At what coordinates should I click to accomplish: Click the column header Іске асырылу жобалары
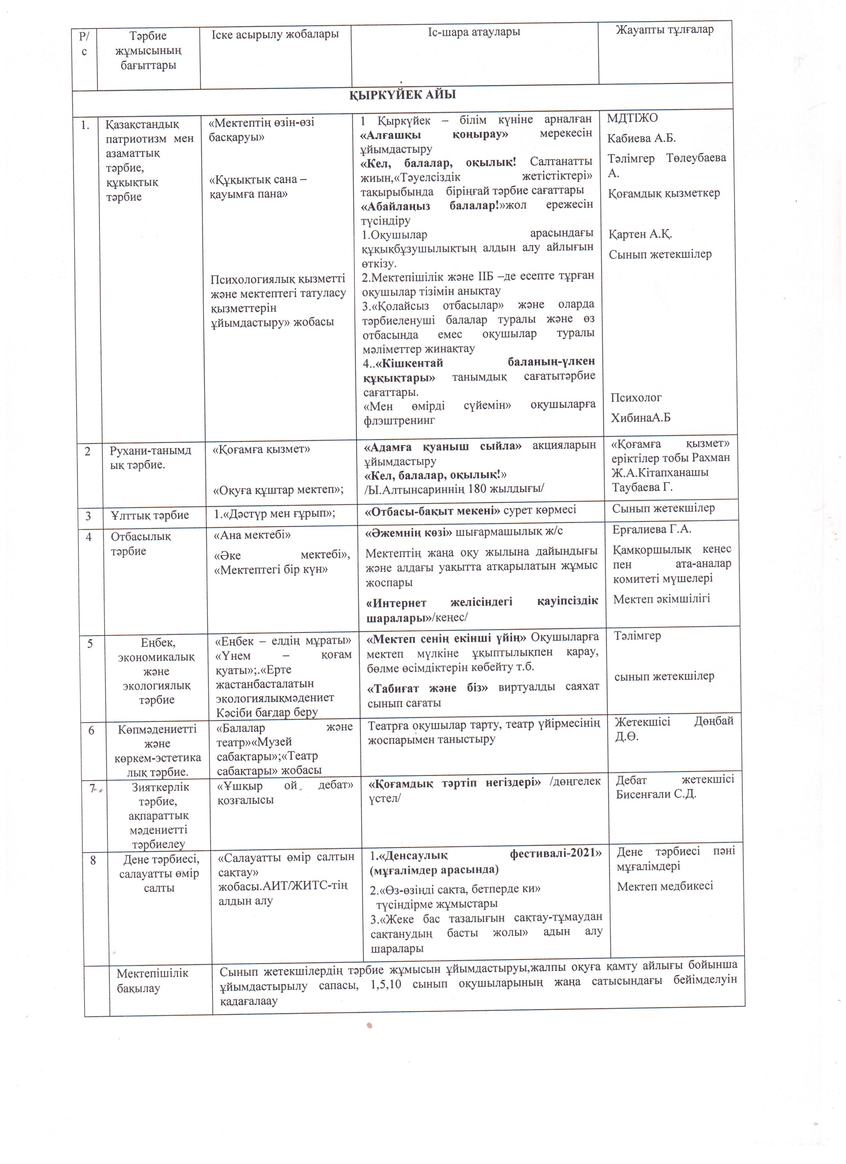pyautogui.click(x=275, y=34)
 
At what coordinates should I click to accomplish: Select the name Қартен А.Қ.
pyautogui.click(x=640, y=234)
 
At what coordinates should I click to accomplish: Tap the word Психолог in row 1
pyautogui.click(x=636, y=397)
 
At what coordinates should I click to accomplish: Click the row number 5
pyautogui.click(x=90, y=643)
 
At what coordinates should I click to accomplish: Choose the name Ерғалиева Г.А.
pyautogui.click(x=651, y=529)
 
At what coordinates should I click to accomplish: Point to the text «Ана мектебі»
pyautogui.click(x=252, y=535)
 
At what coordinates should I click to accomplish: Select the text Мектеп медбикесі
pyautogui.click(x=665, y=886)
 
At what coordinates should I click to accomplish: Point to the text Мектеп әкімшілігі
pyautogui.click(x=661, y=599)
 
